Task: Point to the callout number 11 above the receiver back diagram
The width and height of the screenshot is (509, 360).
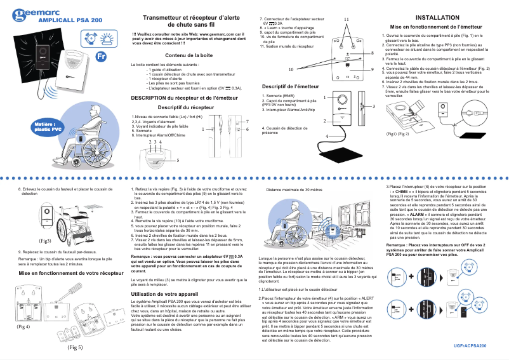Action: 347,20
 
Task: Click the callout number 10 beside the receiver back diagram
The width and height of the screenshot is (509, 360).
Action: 291,69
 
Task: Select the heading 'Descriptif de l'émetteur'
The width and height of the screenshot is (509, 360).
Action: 290,86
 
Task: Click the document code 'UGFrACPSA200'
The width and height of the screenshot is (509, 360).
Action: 471,345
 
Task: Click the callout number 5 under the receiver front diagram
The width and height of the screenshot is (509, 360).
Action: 178,161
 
